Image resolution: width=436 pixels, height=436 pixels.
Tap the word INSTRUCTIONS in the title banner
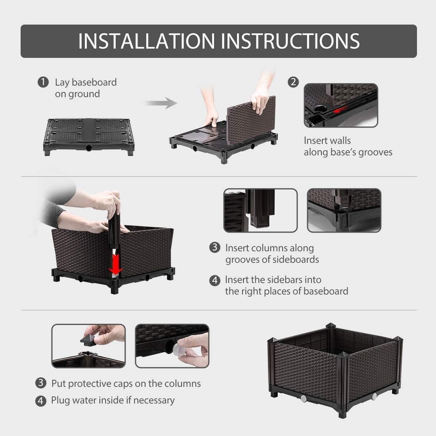(290, 41)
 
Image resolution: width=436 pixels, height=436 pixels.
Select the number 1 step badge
(43, 82)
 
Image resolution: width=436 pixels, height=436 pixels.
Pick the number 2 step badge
(293, 82)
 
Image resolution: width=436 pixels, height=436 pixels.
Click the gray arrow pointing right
(160, 103)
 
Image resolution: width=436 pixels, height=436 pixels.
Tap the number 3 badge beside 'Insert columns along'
(214, 248)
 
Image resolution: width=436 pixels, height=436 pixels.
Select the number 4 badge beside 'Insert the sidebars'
(214, 280)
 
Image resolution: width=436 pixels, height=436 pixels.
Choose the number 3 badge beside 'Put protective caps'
(40, 383)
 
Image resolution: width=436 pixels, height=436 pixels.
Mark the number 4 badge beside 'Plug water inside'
(40, 401)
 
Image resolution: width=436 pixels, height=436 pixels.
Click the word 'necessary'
(154, 400)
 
